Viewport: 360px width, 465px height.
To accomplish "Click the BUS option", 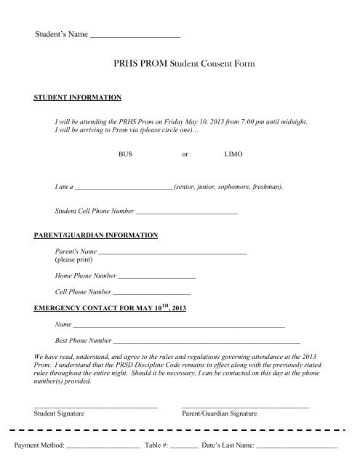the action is [x=126, y=155].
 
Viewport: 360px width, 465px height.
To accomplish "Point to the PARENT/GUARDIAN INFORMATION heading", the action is [x=95, y=236].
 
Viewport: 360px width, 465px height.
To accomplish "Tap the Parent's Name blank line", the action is [x=172, y=252].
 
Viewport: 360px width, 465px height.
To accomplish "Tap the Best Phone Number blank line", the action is [x=207, y=341].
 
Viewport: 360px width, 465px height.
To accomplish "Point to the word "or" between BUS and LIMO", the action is [x=185, y=155].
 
